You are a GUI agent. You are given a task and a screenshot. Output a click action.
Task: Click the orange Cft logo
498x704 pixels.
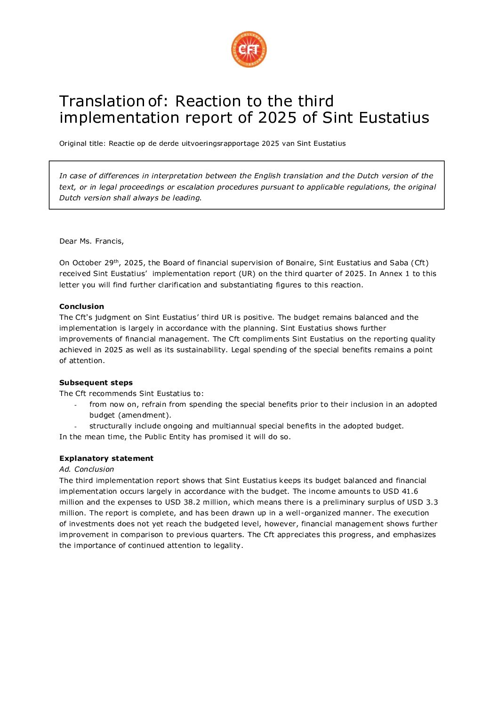[x=249, y=49]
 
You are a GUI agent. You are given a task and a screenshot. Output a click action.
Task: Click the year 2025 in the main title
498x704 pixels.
[x=277, y=118]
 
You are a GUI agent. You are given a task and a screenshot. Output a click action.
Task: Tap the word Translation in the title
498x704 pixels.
[x=97, y=102]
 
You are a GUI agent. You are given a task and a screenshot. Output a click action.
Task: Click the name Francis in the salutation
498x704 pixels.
[x=109, y=241]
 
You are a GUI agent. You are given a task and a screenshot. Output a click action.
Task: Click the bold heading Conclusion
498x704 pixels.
[x=81, y=307]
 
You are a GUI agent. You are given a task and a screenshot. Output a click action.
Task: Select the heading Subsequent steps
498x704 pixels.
[x=96, y=383]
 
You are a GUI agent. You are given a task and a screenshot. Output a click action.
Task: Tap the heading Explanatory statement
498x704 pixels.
[x=106, y=459]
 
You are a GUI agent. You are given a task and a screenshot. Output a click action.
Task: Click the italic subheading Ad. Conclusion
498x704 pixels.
[x=87, y=469]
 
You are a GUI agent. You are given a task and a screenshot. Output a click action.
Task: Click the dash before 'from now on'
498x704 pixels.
[x=75, y=405]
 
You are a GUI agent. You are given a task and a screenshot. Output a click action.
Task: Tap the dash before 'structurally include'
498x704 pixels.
[x=75, y=427]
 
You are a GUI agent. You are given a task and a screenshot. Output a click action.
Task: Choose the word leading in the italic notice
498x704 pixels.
[x=187, y=198]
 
